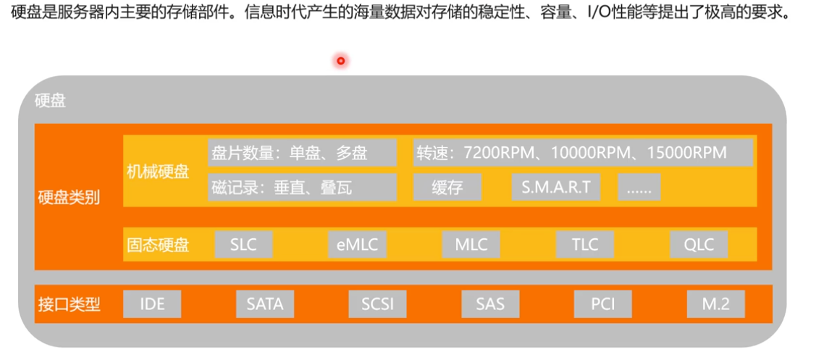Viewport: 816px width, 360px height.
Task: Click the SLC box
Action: point(243,244)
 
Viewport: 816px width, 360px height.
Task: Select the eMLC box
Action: point(357,244)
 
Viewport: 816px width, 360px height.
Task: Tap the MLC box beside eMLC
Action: point(471,244)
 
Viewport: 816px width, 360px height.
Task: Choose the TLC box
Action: point(584,244)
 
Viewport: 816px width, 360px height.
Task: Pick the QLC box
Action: point(699,244)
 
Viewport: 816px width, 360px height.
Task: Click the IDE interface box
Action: point(152,304)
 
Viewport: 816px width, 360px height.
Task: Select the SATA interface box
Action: point(265,304)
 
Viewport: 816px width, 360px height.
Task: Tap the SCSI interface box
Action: point(377,304)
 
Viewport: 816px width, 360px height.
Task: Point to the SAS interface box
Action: point(490,304)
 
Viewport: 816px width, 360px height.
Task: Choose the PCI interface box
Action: point(602,304)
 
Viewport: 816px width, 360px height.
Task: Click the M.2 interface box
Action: point(715,304)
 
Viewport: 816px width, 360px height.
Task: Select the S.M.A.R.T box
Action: point(555,187)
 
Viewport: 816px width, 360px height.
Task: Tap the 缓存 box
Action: point(447,187)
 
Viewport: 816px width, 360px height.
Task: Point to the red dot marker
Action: point(340,61)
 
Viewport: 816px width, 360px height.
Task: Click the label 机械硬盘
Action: point(157,171)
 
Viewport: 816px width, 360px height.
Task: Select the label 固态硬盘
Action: point(157,245)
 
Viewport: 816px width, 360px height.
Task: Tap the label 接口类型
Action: point(69,304)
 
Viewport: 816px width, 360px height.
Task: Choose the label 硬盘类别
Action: point(69,197)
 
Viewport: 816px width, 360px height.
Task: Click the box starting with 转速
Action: point(583,153)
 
